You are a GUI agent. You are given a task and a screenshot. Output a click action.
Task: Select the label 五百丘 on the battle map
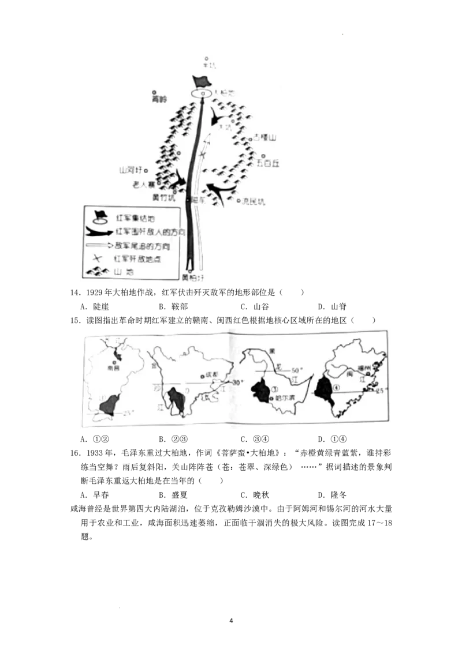click(x=268, y=163)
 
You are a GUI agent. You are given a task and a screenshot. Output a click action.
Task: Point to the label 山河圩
click(x=130, y=171)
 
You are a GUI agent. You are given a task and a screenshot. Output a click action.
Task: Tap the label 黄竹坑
click(x=162, y=197)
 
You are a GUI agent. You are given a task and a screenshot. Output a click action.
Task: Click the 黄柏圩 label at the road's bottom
click(x=193, y=277)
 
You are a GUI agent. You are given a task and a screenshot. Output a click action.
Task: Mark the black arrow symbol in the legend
click(x=99, y=232)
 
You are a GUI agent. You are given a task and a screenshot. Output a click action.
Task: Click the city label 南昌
click(x=114, y=366)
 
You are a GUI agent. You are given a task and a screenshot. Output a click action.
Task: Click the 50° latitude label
click(x=297, y=370)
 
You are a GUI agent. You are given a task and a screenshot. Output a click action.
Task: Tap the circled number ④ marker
click(x=327, y=388)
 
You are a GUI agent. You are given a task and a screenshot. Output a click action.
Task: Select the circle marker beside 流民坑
click(x=239, y=201)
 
